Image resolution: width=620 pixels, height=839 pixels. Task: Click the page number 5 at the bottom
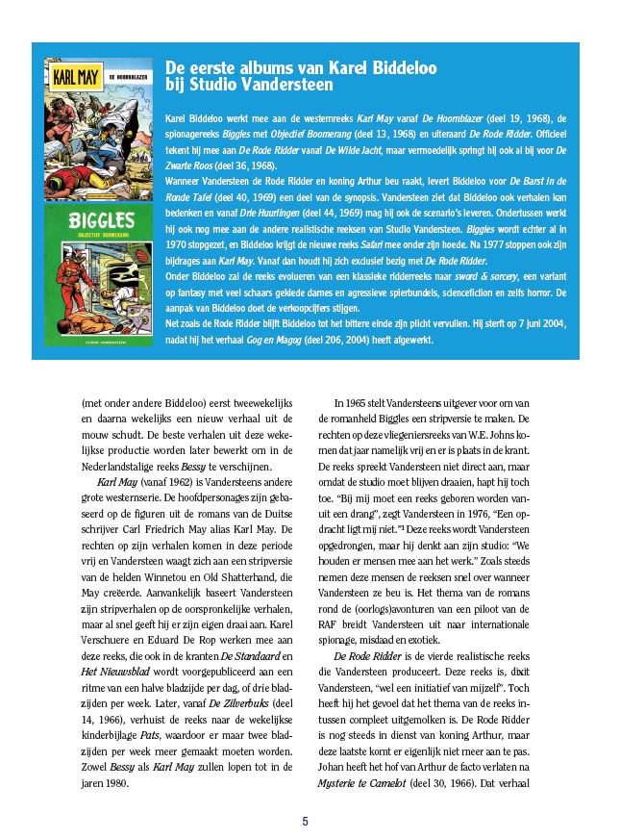point(306,821)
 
